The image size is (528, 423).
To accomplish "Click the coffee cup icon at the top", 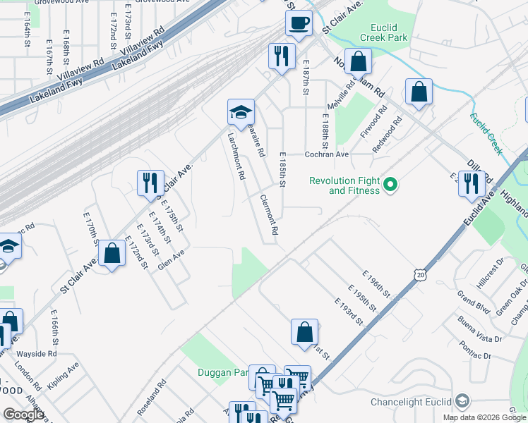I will (299, 23).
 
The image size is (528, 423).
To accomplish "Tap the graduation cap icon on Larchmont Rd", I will (241, 111).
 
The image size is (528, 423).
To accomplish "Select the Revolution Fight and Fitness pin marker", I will (388, 186).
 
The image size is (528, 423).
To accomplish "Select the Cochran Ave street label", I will (327, 154).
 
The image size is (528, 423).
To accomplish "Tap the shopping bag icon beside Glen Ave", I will (112, 253).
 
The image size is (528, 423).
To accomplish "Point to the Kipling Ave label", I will (63, 376).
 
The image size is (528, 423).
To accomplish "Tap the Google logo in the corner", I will (23, 415).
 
